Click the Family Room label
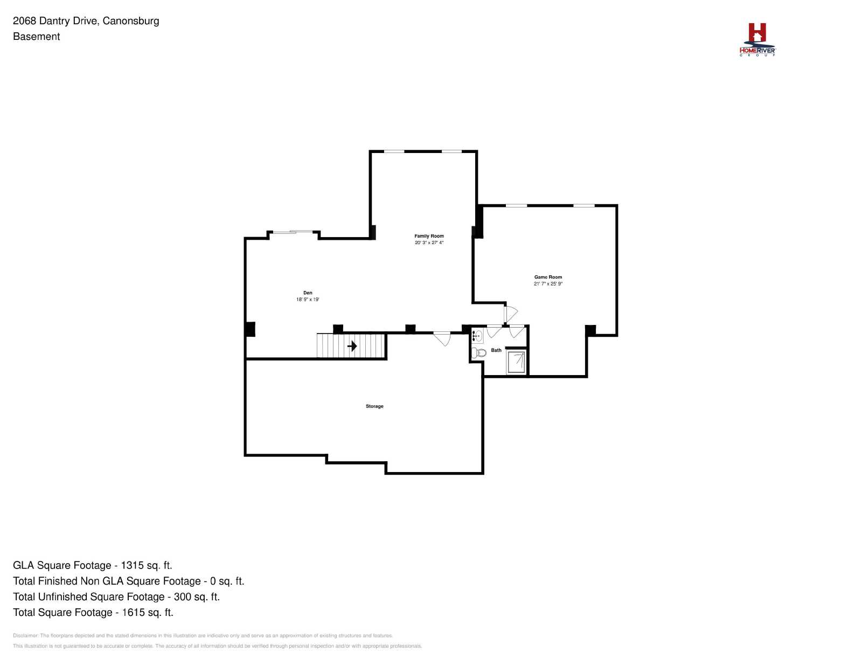[429, 236]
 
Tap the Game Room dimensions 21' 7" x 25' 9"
[548, 283]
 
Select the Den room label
[308, 293]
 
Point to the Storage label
[374, 406]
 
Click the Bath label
[496, 350]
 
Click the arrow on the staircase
[352, 346]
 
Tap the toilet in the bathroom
[479, 352]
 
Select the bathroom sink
[477, 336]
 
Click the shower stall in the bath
[516, 362]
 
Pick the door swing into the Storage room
[442, 339]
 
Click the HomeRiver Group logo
[757, 40]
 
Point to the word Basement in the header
[37, 37]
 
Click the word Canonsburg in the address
[131, 21]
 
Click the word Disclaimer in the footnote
[25, 635]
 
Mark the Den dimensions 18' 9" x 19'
[308, 300]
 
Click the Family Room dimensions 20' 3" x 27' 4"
[429, 242]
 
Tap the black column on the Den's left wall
[250, 329]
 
